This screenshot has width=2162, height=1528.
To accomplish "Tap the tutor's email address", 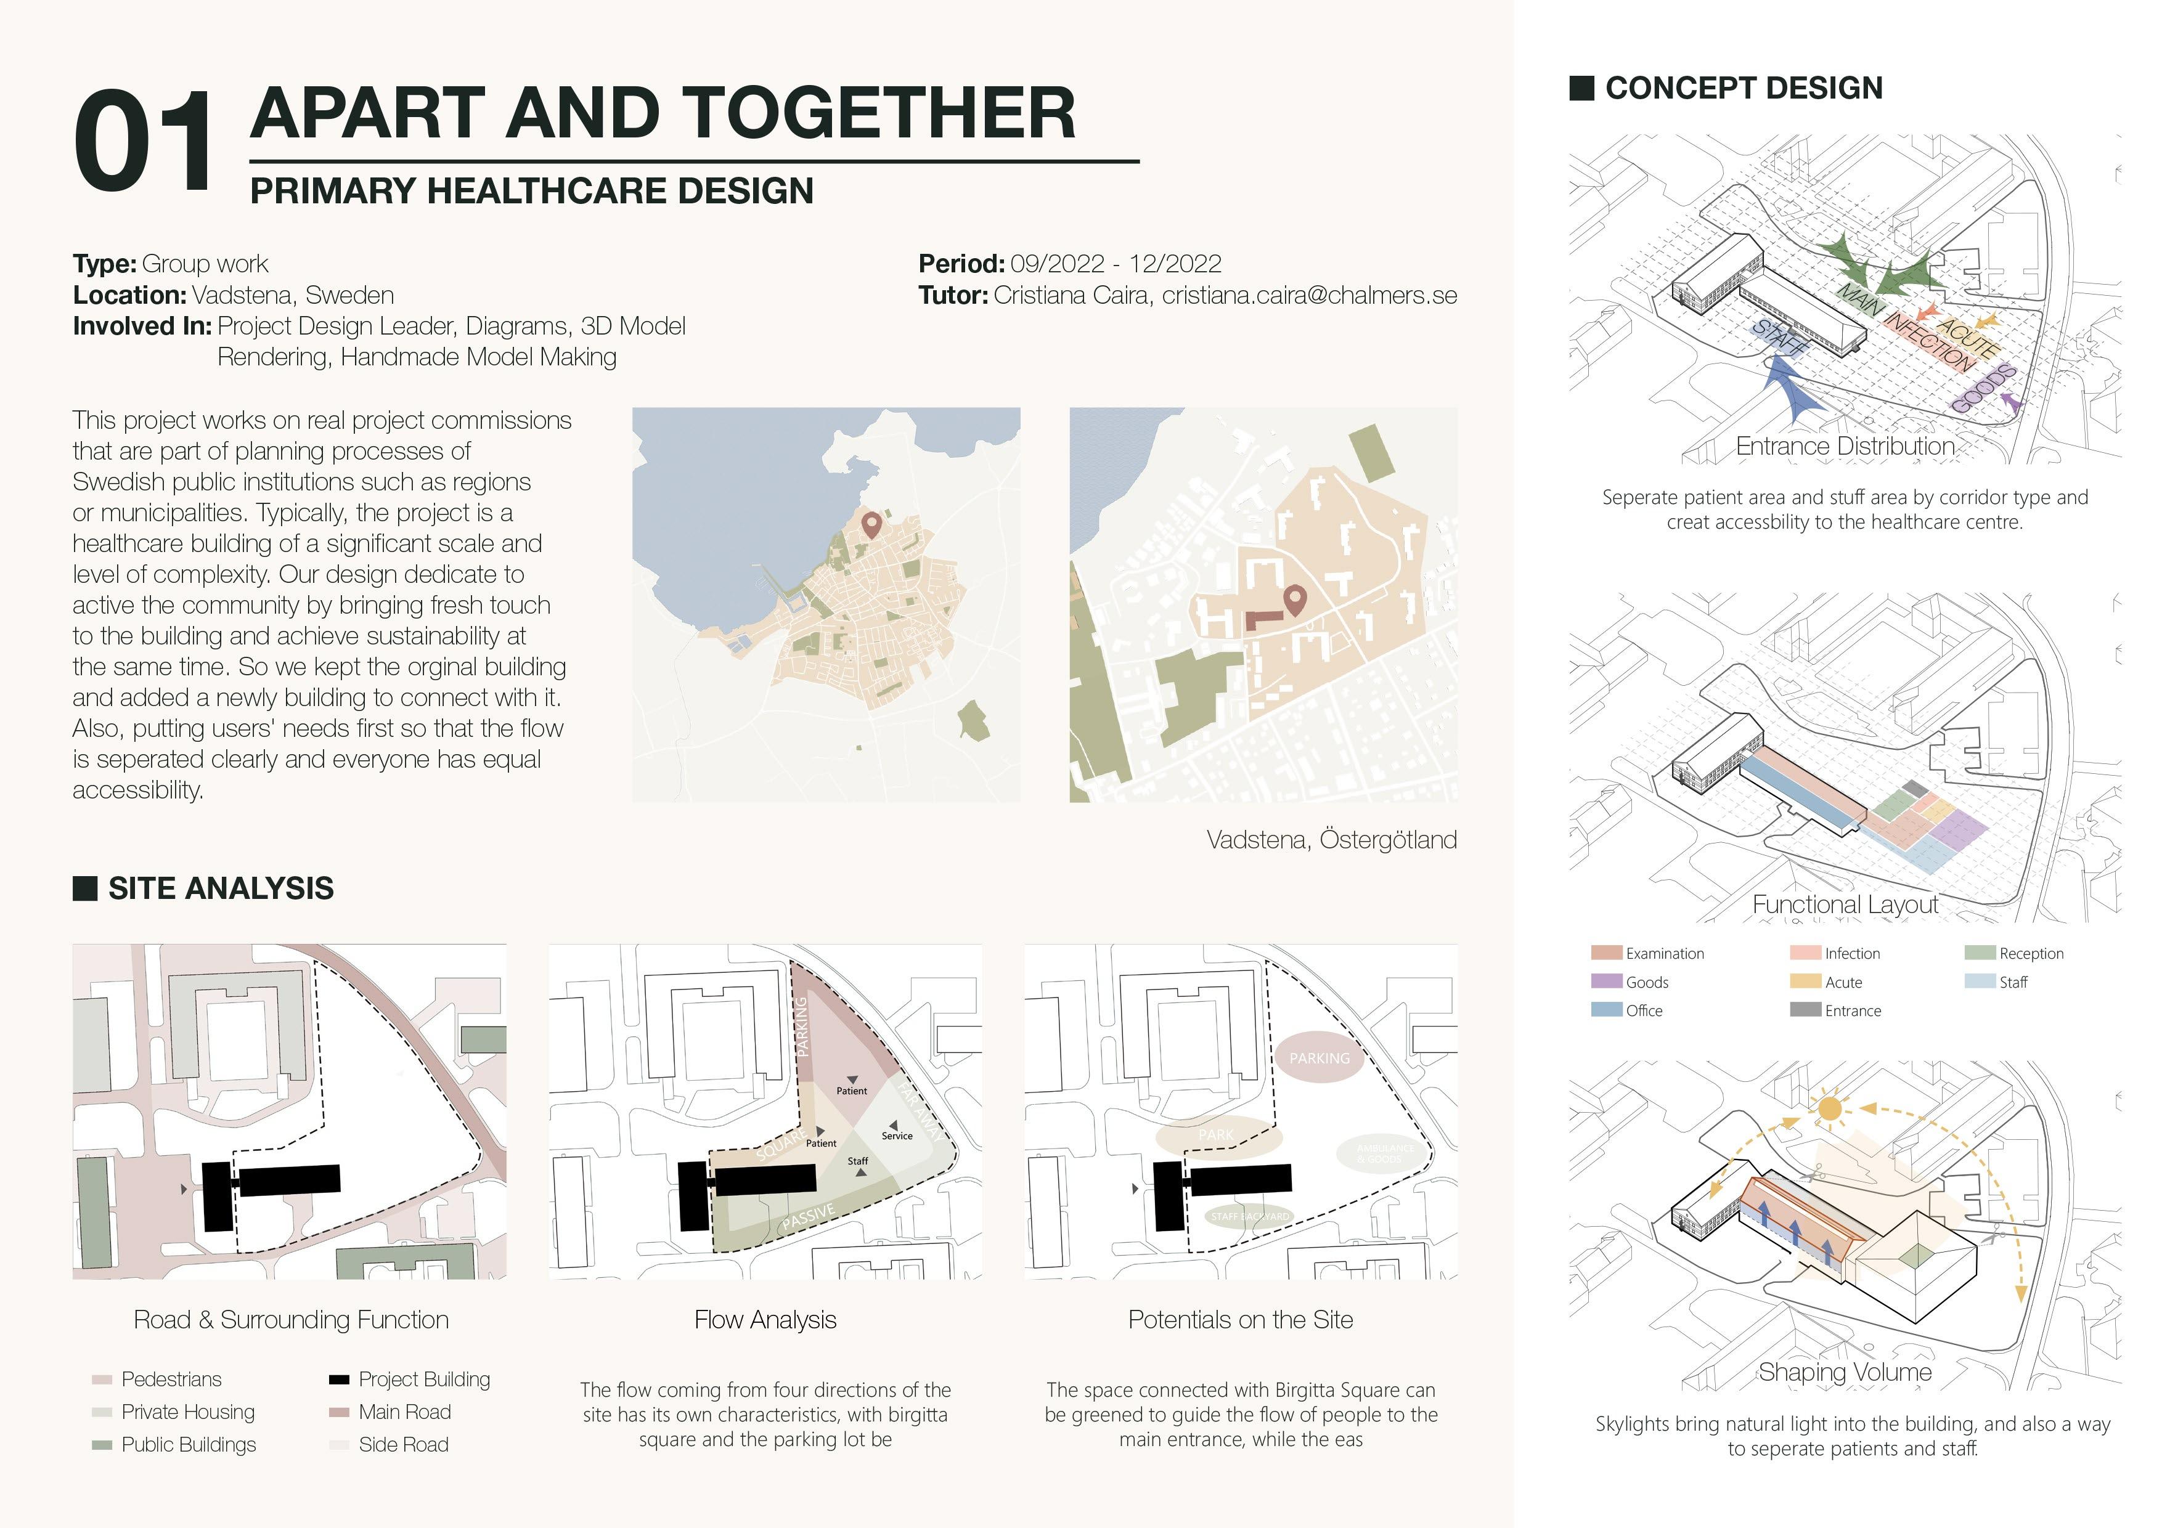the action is tap(1309, 296).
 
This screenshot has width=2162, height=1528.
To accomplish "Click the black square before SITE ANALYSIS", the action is tap(85, 888).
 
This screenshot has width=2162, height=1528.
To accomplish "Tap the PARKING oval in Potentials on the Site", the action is tap(1320, 1059).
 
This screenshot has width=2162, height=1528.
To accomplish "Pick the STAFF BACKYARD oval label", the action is tap(1249, 1216).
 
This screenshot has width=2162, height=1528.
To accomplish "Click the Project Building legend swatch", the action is tap(339, 1380).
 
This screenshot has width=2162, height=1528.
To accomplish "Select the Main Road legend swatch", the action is tap(339, 1412).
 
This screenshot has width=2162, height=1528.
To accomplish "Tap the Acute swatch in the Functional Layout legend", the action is tap(1804, 981).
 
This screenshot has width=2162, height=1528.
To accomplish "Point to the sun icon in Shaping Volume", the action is tap(1829, 1108).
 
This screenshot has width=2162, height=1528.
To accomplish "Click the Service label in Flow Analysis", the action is tap(897, 1136).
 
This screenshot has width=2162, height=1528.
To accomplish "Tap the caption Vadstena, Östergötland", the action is tap(1331, 840).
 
